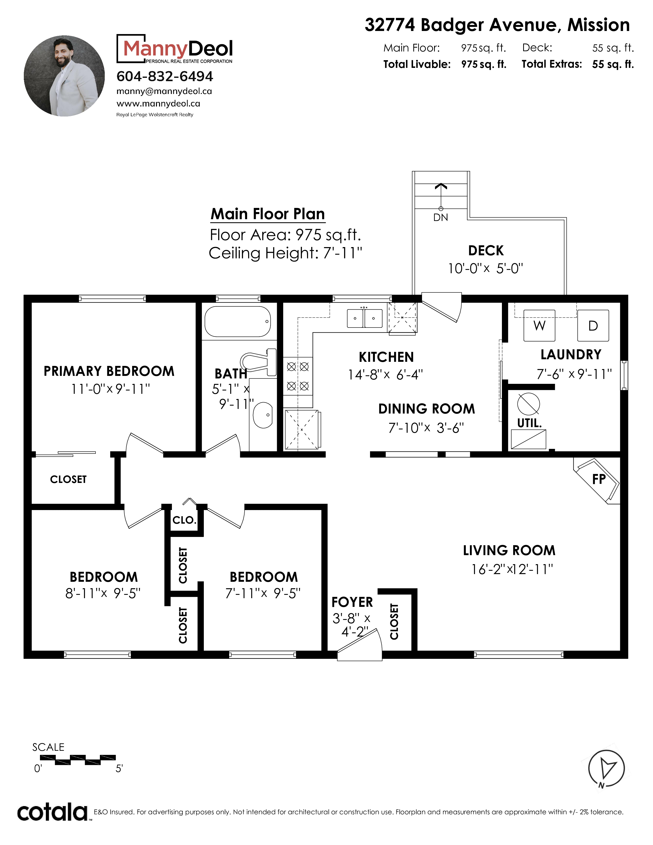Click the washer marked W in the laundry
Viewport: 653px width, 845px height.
pos(539,325)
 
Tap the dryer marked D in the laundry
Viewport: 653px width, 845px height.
pos(593,325)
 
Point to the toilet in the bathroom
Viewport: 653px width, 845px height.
pos(258,362)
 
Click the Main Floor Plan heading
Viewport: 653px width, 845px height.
pos(268,214)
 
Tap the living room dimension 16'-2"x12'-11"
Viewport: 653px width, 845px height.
pos(512,569)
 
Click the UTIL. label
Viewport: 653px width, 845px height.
pos(529,423)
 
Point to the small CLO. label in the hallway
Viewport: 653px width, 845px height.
pos(184,520)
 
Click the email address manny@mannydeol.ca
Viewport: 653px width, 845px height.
pos(164,91)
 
